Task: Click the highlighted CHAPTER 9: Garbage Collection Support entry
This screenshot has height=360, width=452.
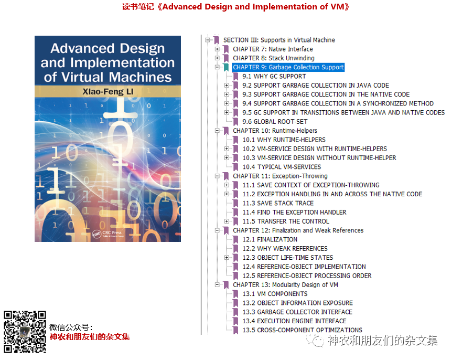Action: (288, 67)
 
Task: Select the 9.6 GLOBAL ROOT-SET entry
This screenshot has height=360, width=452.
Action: (275, 122)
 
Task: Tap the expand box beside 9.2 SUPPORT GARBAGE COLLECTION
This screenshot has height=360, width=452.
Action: (227, 85)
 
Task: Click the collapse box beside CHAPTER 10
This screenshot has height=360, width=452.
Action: (217, 131)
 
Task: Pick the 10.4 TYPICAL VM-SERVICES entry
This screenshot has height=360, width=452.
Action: (282, 167)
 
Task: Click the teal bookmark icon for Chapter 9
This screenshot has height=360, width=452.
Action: (226, 67)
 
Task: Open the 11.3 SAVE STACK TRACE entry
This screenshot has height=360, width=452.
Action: (278, 204)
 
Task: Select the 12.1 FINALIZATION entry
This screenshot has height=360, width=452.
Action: (270, 239)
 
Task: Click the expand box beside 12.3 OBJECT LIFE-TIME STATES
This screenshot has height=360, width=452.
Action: (227, 258)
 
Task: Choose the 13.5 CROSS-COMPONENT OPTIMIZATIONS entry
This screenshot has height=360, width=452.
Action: (302, 330)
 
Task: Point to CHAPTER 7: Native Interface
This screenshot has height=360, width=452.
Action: (273, 49)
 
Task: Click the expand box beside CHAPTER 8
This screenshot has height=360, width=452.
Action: (217, 58)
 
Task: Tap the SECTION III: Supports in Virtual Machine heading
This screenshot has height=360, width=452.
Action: (279, 40)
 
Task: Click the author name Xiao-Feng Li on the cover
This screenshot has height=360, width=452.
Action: (108, 91)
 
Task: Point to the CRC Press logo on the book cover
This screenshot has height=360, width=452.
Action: (108, 234)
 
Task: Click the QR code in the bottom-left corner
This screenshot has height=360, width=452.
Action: (25, 332)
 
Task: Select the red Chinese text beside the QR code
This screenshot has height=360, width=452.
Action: (90, 337)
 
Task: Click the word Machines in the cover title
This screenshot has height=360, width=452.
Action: (141, 77)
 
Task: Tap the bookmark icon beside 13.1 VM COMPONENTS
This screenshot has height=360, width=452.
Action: (235, 294)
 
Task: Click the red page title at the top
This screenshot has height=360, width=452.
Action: (235, 7)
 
